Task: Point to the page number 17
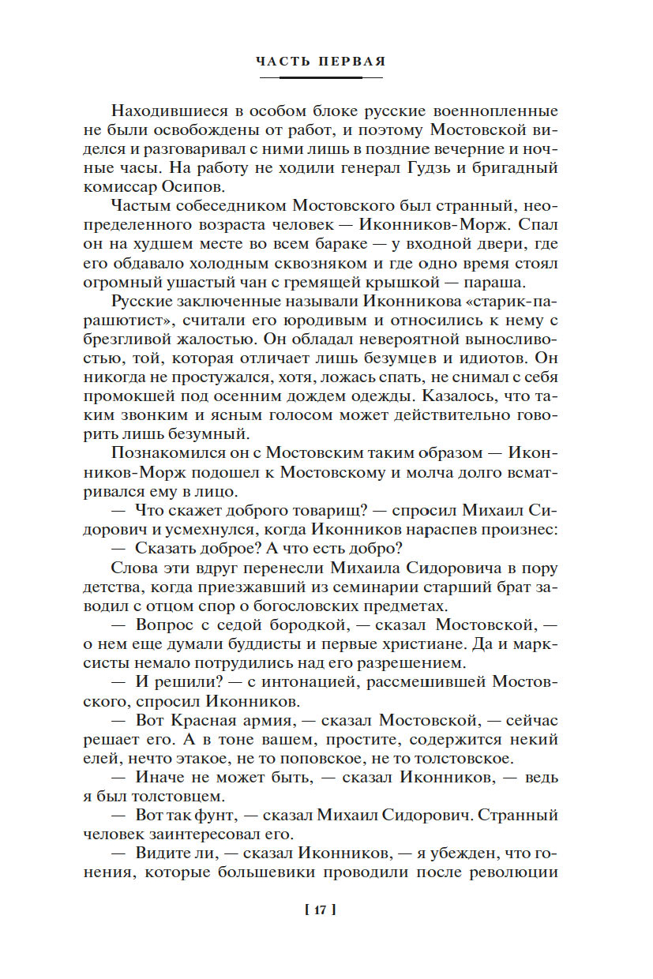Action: click(320, 910)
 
